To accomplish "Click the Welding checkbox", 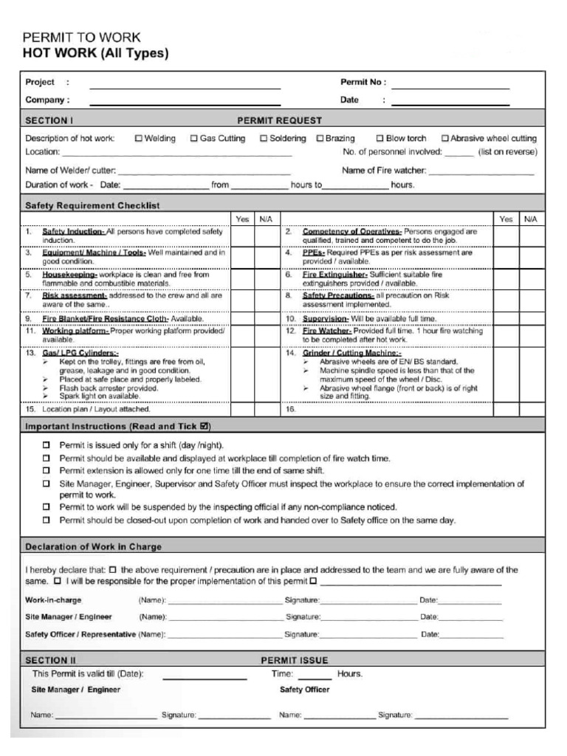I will pyautogui.click(x=139, y=138).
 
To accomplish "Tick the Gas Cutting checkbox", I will pyautogui.click(x=194, y=138).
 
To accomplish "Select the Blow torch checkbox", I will pyautogui.click(x=380, y=138).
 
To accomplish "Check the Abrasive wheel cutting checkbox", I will pyautogui.click(x=445, y=138).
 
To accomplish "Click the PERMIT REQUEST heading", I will pyautogui.click(x=279, y=120).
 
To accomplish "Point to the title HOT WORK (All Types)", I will pyautogui.click(x=96, y=53).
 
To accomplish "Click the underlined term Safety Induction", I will pyautogui.click(x=73, y=231).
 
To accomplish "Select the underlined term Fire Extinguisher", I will pyautogui.click(x=334, y=274).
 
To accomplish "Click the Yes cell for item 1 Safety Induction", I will pyautogui.click(x=242, y=236).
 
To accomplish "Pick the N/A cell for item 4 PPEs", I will pyautogui.click(x=530, y=256).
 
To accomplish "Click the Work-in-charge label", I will pyautogui.click(x=54, y=600).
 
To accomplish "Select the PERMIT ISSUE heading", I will pyautogui.click(x=295, y=660).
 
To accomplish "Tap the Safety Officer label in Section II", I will pyautogui.click(x=305, y=690).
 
